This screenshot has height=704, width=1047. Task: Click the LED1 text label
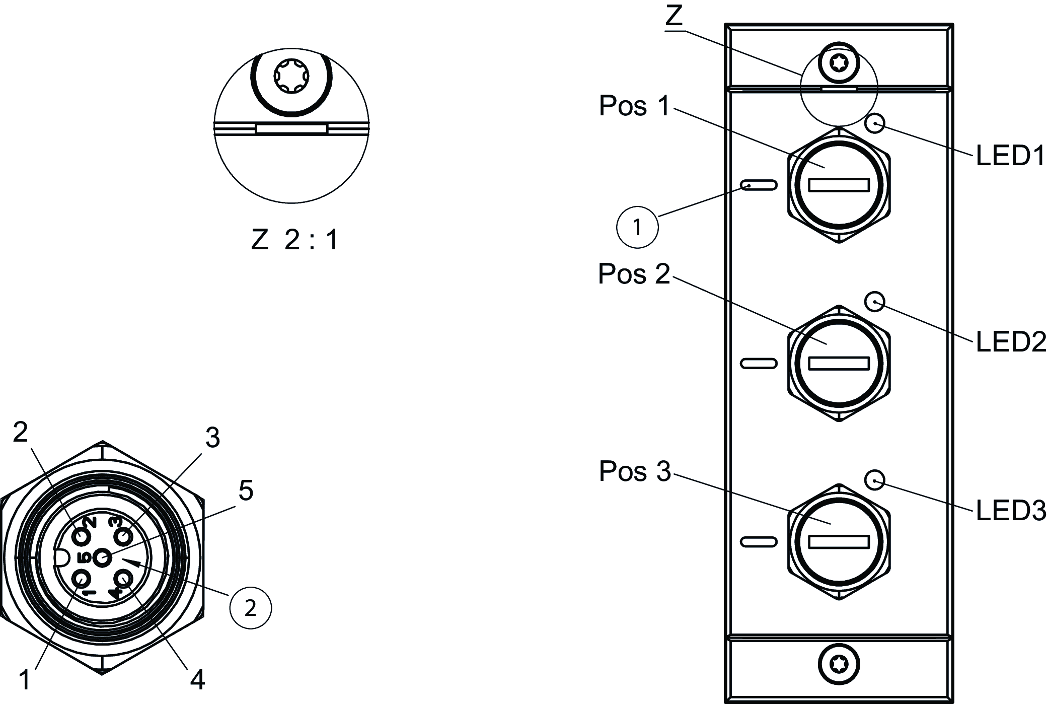[1010, 156]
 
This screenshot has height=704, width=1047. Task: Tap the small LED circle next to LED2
[875, 302]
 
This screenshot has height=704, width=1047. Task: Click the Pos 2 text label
[634, 274]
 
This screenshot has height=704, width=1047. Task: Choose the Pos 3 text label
[635, 472]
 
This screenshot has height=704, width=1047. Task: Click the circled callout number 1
[637, 227]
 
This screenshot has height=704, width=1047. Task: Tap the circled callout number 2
[250, 608]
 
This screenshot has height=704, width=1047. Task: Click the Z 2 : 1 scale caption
[294, 240]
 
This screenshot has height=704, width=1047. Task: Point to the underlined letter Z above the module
[674, 16]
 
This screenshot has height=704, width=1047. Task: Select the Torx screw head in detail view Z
[291, 77]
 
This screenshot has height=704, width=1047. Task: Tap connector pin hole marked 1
[81, 578]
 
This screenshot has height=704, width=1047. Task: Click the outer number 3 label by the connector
[212, 438]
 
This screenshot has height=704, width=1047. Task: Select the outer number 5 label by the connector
[246, 490]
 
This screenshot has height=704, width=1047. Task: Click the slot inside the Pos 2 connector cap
[839, 363]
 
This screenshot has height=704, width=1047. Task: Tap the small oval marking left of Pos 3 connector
[759, 542]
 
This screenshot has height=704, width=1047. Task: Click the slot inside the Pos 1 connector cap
[839, 185]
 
